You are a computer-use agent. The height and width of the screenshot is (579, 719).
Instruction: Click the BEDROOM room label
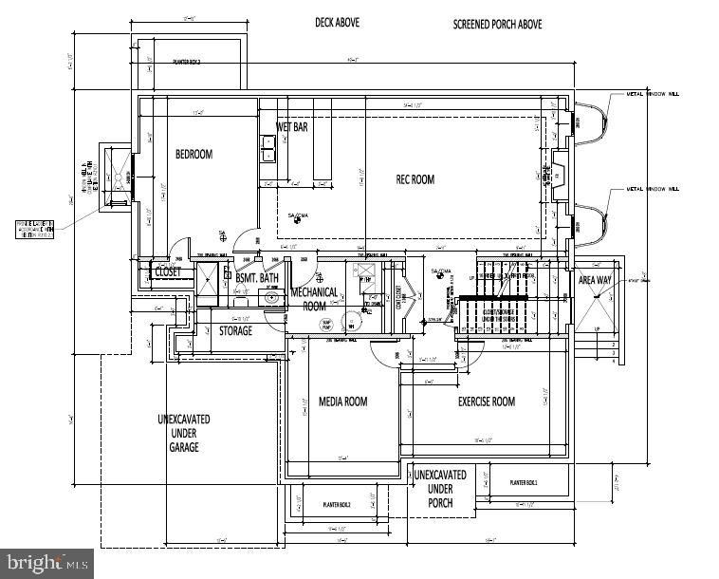tap(194, 154)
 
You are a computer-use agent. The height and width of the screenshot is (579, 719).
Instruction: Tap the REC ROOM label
tap(415, 179)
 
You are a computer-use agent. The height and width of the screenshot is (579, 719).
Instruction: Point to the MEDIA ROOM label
tap(342, 402)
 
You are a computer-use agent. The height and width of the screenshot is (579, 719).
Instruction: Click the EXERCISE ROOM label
tap(487, 402)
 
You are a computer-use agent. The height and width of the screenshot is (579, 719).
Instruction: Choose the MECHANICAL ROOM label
tap(314, 299)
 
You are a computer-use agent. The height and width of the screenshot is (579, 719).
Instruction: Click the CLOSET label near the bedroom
tap(168, 271)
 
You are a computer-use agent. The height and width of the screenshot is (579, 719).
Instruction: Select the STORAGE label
tap(235, 331)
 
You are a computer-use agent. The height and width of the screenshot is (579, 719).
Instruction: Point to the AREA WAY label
tap(595, 280)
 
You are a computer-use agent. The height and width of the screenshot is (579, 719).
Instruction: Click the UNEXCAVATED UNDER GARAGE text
tap(184, 433)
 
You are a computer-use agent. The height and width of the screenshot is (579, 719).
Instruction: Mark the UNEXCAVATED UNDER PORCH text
tap(440, 488)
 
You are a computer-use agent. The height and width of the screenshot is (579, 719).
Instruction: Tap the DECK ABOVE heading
tap(338, 21)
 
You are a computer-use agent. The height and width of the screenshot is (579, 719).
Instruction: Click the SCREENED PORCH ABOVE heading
tap(497, 24)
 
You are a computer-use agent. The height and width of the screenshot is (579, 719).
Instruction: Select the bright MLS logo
tap(47, 563)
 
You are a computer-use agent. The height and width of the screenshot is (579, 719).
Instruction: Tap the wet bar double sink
tap(268, 147)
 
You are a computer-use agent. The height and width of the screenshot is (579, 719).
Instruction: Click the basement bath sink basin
tap(272, 296)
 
